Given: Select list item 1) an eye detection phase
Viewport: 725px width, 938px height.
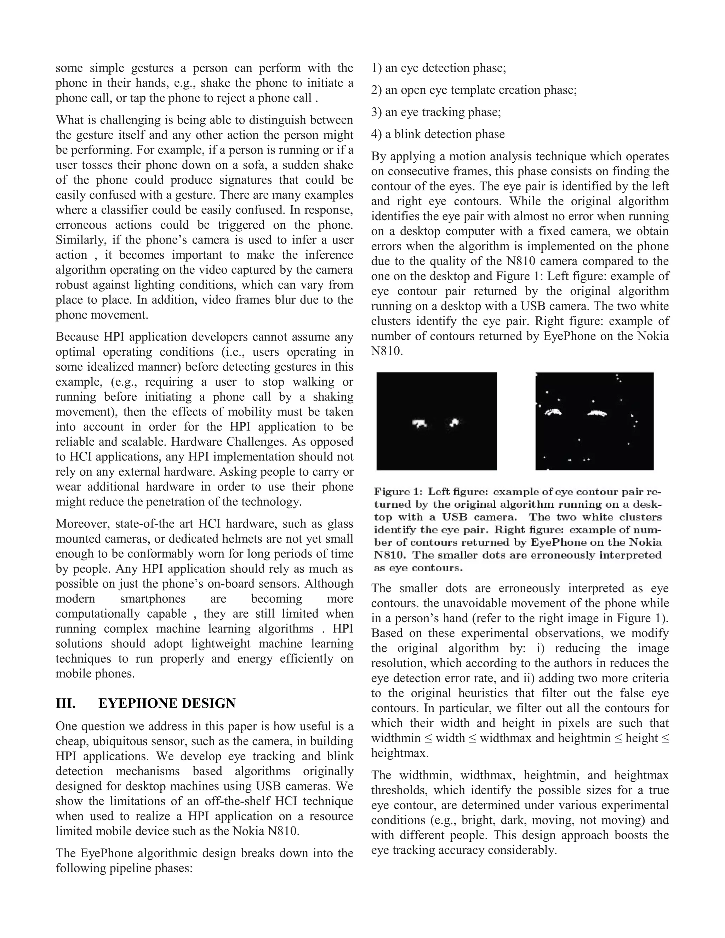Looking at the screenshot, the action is point(439,68).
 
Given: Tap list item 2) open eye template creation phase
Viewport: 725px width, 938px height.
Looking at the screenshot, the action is point(474,90).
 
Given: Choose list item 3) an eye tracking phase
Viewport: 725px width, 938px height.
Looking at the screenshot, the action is point(436,112).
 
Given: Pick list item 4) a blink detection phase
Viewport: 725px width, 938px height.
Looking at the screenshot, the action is point(438,135).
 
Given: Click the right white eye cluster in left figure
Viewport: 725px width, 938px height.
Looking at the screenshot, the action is point(454,423).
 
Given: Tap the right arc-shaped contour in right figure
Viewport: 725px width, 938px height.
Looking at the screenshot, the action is point(597,413).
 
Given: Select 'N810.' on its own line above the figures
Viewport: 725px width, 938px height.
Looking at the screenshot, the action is point(387,352).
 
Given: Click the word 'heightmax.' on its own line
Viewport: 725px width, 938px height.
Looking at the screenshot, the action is point(400,753).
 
